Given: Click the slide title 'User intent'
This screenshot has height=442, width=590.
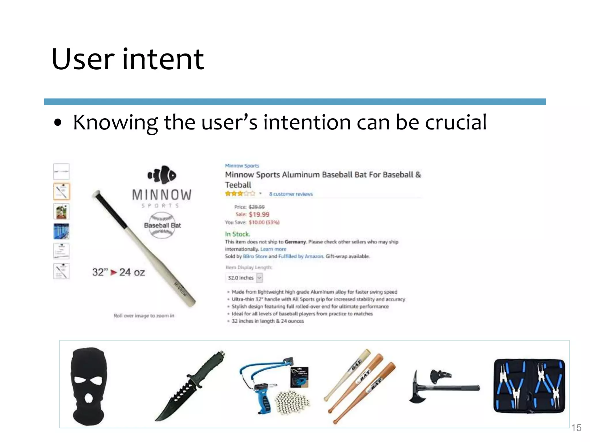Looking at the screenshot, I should click(128, 59).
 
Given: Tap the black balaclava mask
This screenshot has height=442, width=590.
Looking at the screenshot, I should click(88, 385).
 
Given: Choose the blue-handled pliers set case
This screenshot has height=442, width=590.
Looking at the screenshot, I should click(529, 386).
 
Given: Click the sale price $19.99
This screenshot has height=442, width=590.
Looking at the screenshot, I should click(259, 214).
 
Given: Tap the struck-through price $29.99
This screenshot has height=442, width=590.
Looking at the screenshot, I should click(256, 207).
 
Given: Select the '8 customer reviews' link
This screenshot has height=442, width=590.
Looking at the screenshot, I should click(291, 194).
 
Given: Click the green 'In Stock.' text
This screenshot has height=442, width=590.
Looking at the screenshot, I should click(237, 234).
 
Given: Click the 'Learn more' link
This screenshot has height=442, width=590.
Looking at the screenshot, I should click(273, 249).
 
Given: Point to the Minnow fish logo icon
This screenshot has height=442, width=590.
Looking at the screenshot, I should click(162, 175).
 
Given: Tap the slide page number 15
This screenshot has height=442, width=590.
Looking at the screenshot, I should click(576, 428).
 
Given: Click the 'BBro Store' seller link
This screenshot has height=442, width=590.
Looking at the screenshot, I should click(255, 256).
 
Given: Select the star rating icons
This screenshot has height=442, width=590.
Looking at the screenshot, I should click(240, 194).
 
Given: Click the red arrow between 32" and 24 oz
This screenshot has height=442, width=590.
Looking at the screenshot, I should click(114, 272).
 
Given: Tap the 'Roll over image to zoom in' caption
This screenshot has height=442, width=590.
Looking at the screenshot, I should click(144, 316).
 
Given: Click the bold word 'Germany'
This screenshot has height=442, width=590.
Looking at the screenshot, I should click(295, 242).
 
